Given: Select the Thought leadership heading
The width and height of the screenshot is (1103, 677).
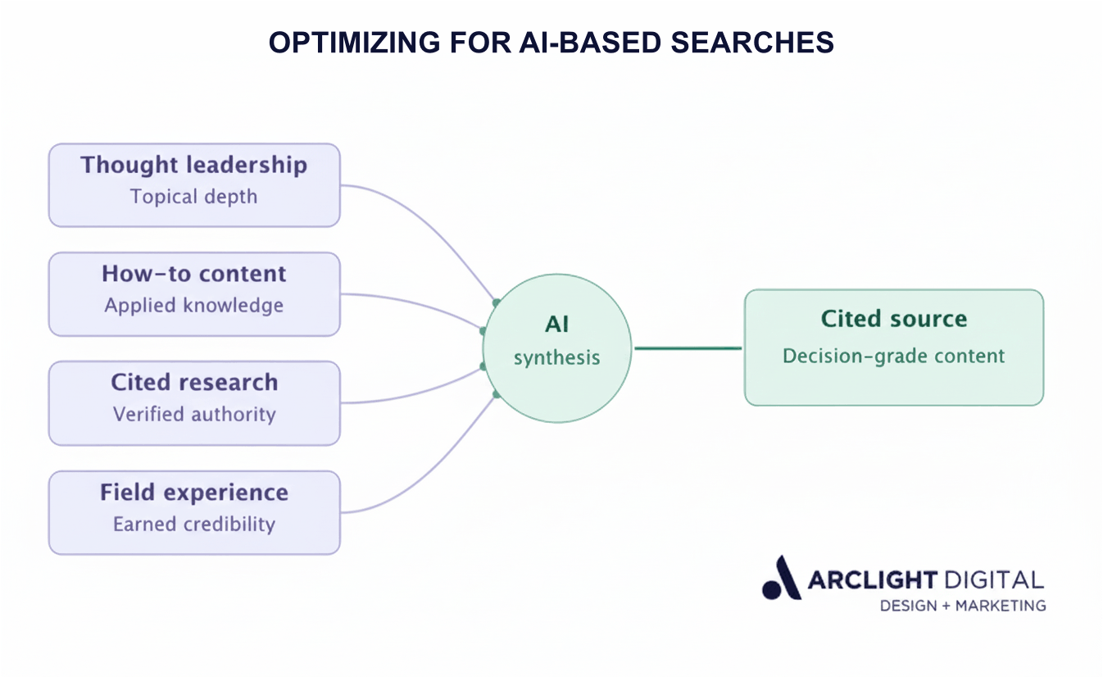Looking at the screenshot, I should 193,165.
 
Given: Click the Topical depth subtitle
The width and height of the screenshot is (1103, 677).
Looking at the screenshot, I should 193,197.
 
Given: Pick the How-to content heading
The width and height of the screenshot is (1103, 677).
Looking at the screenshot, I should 193,274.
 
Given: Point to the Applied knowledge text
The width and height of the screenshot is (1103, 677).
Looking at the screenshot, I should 193,306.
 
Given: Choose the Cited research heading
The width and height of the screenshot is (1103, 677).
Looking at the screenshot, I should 194,383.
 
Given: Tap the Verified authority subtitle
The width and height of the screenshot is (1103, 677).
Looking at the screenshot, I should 194,415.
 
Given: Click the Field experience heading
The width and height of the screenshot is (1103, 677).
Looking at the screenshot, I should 194,493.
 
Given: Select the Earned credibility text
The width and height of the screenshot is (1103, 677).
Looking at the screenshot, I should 194,525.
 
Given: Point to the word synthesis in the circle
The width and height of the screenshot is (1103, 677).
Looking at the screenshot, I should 557,358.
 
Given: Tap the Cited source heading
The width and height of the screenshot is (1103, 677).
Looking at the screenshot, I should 893,319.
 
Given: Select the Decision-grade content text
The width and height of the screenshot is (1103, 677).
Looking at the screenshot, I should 893,357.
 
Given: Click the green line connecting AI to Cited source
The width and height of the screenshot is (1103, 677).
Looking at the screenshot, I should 688,348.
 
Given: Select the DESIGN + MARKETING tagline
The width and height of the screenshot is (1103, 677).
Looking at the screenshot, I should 962,606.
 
